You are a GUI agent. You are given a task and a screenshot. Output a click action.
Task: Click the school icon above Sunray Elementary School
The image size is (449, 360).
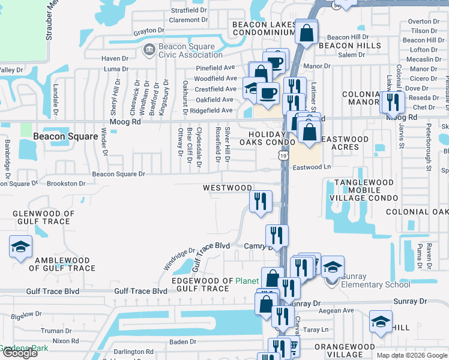click(x=333, y=267)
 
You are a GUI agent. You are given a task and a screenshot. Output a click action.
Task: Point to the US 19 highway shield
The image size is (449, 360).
click(x=282, y=155)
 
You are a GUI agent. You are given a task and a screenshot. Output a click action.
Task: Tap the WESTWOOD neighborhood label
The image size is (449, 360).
click(x=228, y=188)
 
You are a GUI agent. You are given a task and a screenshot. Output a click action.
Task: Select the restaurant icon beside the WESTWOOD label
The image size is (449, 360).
click(x=260, y=201)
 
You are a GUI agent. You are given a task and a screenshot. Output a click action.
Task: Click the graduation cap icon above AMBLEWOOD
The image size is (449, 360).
click(x=20, y=247)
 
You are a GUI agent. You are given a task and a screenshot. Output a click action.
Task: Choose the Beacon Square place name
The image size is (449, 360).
click(x=65, y=136)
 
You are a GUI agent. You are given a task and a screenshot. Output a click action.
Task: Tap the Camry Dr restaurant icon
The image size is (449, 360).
click(x=276, y=235)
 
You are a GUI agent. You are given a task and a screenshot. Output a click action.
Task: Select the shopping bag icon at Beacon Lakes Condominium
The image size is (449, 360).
click(x=306, y=34)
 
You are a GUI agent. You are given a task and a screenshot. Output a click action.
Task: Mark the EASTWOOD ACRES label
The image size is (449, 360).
click(x=345, y=143)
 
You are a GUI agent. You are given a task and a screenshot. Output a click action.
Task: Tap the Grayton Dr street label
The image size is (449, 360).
click(x=149, y=30)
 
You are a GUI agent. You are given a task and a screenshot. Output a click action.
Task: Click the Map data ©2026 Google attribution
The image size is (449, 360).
click(x=411, y=355)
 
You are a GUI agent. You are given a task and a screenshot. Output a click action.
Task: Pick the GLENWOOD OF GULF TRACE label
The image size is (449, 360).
click(x=44, y=217)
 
